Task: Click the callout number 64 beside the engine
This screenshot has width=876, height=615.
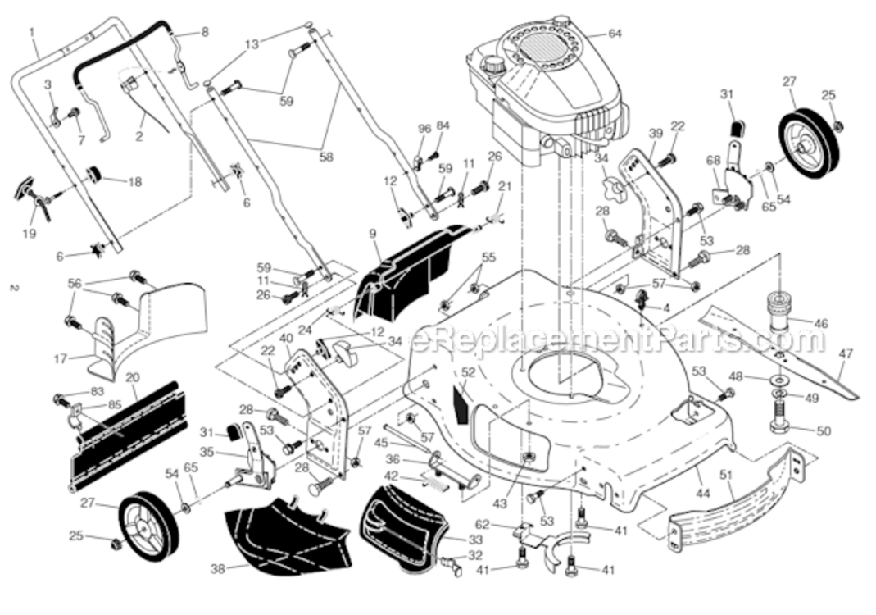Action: pyautogui.click(x=615, y=34)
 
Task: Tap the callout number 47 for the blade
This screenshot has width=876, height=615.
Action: pyautogui.click(x=846, y=353)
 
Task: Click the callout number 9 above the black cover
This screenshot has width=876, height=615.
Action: pyautogui.click(x=373, y=234)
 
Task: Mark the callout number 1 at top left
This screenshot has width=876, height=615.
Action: pyautogui.click(x=32, y=33)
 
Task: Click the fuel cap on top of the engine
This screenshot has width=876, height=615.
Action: pyautogui.click(x=494, y=62)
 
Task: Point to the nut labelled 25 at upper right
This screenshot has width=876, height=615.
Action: pyautogui.click(x=837, y=125)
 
